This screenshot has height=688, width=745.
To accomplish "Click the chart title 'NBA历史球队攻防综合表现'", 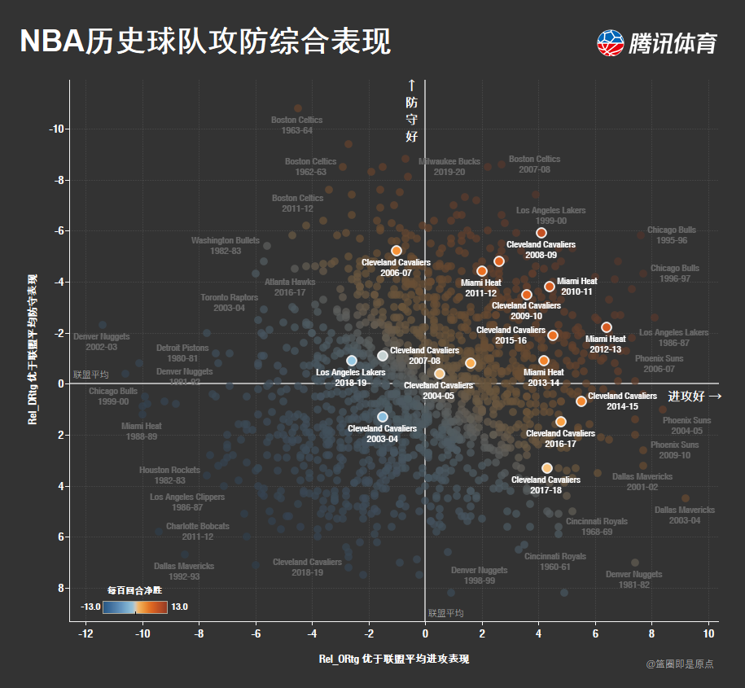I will click(205, 41).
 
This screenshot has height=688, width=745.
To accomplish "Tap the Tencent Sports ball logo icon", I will click(610, 43).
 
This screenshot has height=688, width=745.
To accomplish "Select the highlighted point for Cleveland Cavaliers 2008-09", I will click(541, 233).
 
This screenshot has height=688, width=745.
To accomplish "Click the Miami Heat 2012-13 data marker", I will click(607, 327).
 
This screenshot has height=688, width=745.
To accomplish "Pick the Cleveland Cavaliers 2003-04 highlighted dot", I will click(383, 417).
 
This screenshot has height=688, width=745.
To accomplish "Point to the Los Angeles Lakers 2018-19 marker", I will click(352, 361).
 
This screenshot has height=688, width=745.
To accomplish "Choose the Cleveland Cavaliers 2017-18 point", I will click(547, 468).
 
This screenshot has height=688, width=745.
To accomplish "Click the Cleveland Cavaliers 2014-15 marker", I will click(581, 401).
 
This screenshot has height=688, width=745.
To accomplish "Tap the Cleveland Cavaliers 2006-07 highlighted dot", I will click(397, 251).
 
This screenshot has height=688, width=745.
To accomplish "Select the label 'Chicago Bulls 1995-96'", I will click(672, 235).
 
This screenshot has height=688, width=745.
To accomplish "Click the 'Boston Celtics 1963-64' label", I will click(297, 125).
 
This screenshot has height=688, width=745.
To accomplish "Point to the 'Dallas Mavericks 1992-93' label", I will click(184, 572).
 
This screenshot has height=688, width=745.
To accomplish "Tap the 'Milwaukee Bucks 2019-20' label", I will click(449, 167).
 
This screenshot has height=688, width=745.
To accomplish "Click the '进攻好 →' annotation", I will click(695, 397).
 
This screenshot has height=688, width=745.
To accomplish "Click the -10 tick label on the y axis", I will click(57, 129).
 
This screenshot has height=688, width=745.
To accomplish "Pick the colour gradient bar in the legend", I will click(135, 607).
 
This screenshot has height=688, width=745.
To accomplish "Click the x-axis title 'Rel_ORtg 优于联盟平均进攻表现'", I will click(394, 659).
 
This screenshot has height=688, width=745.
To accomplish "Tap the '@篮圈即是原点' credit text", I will click(680, 664).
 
